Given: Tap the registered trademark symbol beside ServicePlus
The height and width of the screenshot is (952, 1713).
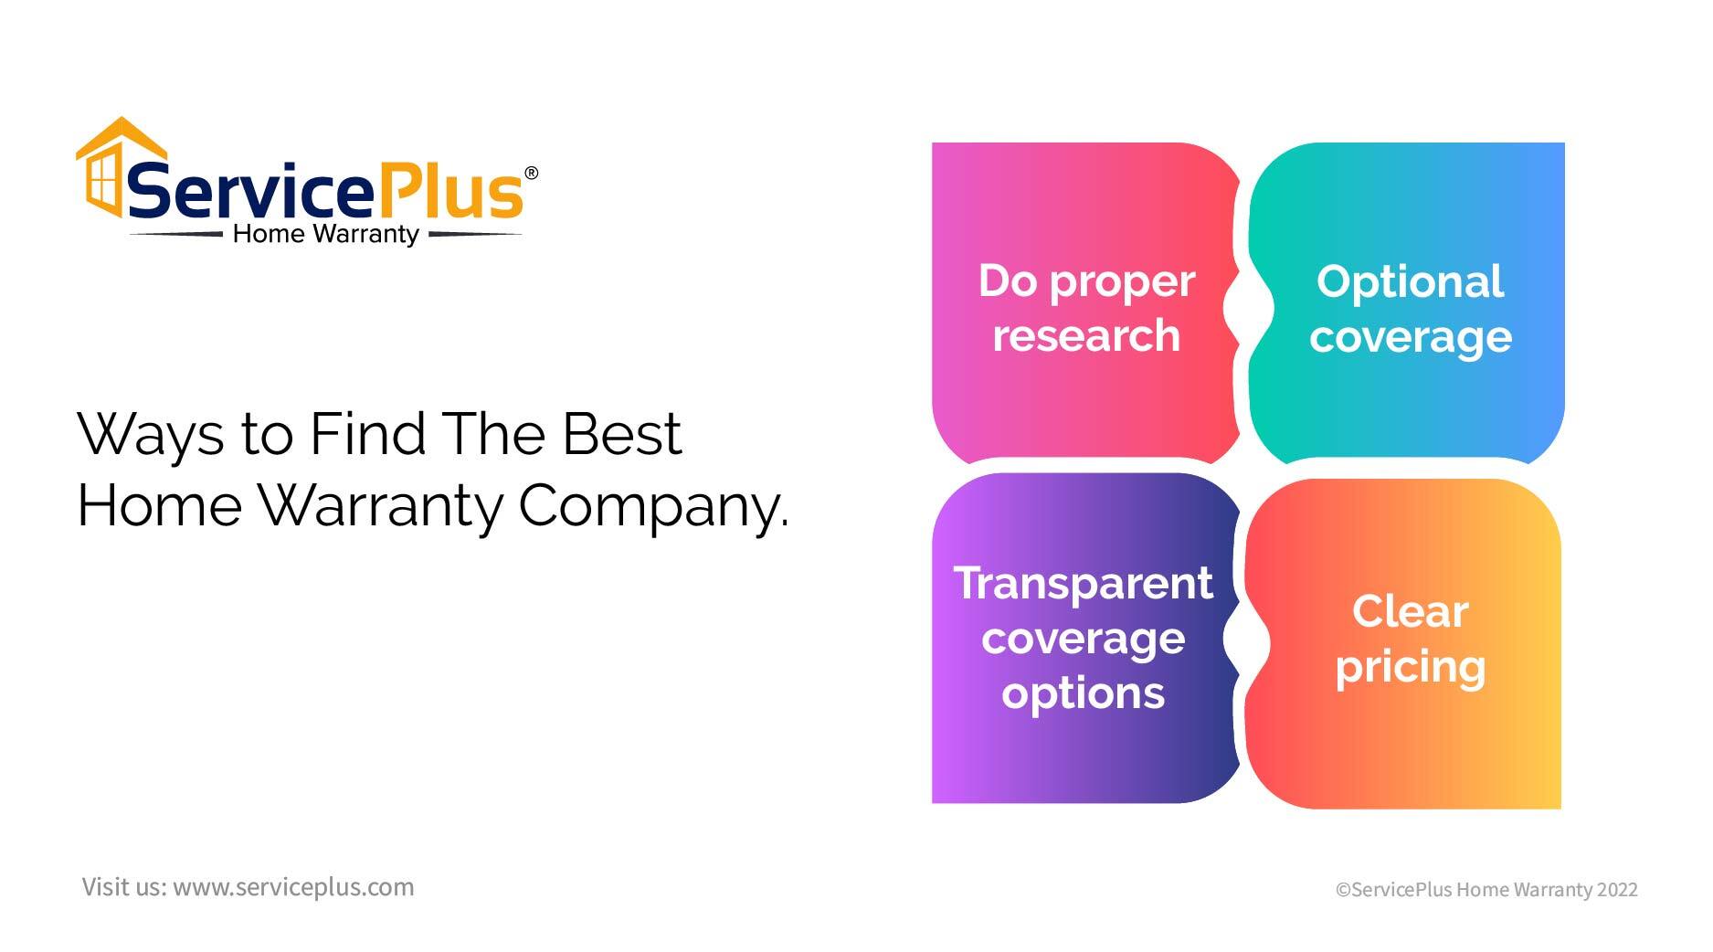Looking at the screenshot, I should tap(531, 173).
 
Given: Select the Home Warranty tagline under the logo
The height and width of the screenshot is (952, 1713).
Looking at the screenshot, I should tap(325, 235).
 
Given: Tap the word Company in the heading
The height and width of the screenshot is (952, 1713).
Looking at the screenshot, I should tap(652, 505).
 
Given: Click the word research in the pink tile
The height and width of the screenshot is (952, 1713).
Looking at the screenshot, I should tap(1086, 335).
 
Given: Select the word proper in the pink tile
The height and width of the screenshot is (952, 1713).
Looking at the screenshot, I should tap(1122, 282).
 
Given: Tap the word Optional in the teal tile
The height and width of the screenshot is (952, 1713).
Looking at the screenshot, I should tap(1410, 282).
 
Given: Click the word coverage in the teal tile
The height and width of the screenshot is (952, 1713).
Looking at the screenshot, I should tap(1410, 337).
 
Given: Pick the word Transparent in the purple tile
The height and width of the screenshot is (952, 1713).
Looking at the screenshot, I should tap(1083, 583).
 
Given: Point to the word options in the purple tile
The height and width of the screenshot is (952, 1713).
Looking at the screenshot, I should tap(1083, 693).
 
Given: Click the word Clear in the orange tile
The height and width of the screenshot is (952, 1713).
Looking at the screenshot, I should tap(1410, 611).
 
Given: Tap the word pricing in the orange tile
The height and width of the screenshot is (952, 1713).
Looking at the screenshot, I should tap(1410, 667).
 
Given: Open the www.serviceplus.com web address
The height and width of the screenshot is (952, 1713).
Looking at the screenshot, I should tap(293, 887).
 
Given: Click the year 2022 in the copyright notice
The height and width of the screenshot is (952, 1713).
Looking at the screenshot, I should tap(1617, 890).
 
